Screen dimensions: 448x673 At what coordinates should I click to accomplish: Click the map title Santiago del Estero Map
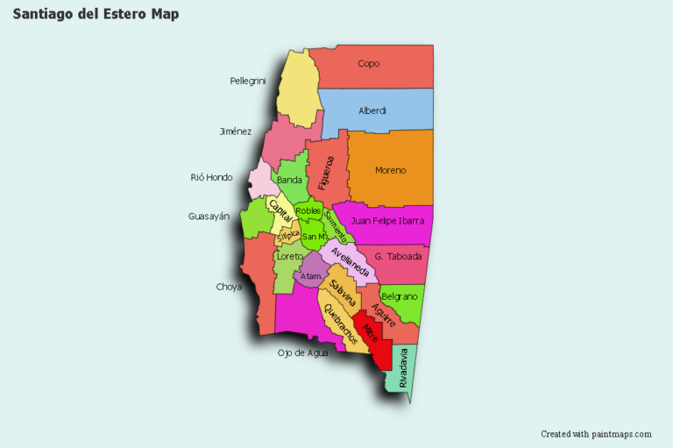[96, 15]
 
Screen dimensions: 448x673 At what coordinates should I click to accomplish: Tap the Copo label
[369, 63]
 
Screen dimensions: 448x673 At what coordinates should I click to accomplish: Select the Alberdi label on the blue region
[372, 111]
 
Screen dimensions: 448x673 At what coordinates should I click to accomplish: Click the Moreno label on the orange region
[390, 170]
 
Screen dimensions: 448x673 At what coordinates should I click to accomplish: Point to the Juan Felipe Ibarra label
[387, 221]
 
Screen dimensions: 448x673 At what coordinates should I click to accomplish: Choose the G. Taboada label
[398, 257]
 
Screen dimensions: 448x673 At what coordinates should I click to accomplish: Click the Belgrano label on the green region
[400, 297]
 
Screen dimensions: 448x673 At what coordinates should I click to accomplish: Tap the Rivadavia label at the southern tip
[403, 369]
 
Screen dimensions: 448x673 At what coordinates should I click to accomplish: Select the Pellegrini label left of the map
[248, 81]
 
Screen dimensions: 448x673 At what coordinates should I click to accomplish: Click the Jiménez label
[236, 132]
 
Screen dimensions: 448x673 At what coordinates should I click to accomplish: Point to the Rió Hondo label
[212, 177]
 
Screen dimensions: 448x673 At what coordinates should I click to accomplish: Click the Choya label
[229, 287]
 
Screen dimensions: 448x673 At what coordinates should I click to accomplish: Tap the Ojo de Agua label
[303, 352]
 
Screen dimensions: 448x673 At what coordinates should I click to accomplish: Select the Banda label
[289, 181]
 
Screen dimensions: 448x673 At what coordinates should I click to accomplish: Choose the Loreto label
[289, 257]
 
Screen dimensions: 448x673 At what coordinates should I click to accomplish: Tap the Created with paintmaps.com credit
[596, 434]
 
